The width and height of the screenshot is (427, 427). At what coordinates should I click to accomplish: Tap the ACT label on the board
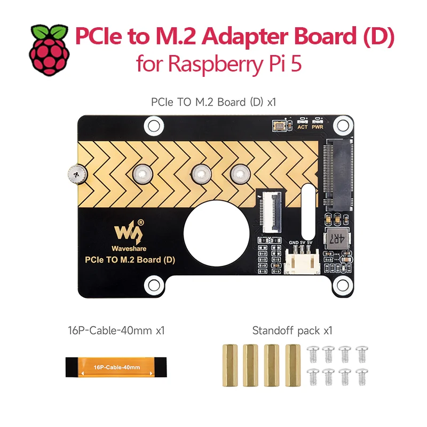302,127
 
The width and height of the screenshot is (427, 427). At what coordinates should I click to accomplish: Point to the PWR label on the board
318,127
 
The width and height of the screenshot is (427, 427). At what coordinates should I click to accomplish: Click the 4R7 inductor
337,238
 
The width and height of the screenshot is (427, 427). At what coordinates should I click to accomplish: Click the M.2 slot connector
338,175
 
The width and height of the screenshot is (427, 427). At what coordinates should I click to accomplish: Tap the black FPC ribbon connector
272,212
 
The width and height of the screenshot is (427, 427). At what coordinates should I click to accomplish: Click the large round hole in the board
217,233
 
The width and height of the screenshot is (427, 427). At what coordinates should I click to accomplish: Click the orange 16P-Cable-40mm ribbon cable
116,367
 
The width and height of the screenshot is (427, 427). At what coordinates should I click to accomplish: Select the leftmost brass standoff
230,365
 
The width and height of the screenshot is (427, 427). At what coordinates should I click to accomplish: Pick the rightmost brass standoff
292,365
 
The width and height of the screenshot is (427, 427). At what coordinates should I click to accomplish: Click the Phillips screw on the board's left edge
77,175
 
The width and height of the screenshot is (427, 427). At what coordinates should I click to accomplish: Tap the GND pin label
294,242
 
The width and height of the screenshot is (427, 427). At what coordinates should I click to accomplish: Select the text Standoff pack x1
292,330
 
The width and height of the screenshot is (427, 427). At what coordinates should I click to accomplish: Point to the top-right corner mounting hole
343,125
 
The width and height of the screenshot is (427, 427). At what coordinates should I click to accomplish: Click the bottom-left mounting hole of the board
154,286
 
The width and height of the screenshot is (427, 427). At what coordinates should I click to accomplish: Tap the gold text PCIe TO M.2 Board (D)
130,260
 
